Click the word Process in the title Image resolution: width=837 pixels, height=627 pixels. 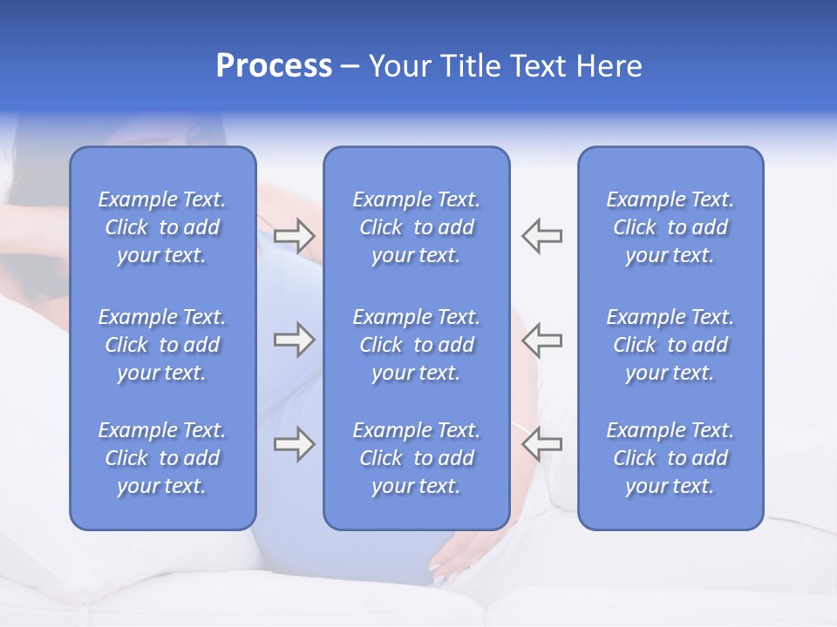(x=274, y=66)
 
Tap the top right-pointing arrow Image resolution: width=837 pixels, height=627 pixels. (x=294, y=236)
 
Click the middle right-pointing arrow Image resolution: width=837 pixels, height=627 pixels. (x=294, y=340)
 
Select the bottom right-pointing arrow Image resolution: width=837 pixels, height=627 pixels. (x=294, y=444)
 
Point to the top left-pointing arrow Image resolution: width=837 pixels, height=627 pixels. (x=541, y=236)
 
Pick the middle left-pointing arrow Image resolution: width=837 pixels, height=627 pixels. (x=541, y=340)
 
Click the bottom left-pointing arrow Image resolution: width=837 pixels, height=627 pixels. (x=541, y=444)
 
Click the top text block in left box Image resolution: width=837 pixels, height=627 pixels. (x=162, y=227)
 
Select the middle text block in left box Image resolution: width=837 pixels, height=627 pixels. (x=162, y=345)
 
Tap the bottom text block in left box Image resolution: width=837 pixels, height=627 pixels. (x=162, y=458)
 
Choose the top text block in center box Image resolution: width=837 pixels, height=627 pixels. (x=416, y=227)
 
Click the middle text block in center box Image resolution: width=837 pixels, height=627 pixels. (x=416, y=345)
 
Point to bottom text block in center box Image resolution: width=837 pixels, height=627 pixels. (x=416, y=458)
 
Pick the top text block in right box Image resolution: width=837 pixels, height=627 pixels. (x=670, y=227)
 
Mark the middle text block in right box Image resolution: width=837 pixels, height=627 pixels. (x=670, y=345)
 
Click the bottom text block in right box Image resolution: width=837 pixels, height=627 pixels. (x=670, y=458)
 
